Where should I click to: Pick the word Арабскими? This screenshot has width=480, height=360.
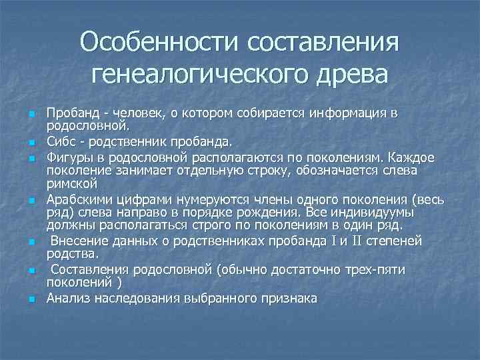(x=76, y=199)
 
